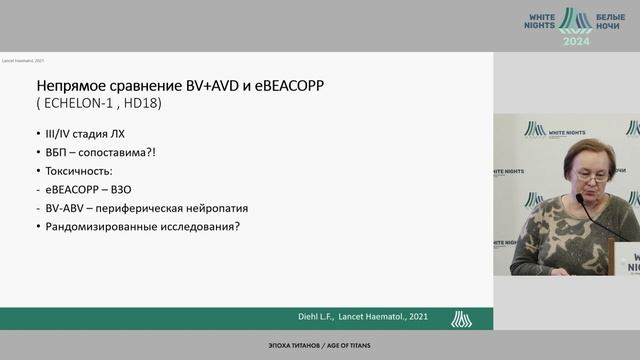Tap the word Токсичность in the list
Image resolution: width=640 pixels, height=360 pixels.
point(82,171)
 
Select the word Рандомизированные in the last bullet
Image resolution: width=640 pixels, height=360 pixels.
point(107,226)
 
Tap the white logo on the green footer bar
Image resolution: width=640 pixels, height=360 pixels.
point(461,318)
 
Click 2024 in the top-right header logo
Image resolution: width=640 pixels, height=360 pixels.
point(576,41)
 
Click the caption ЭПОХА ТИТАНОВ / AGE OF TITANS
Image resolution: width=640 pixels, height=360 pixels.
point(319,346)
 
